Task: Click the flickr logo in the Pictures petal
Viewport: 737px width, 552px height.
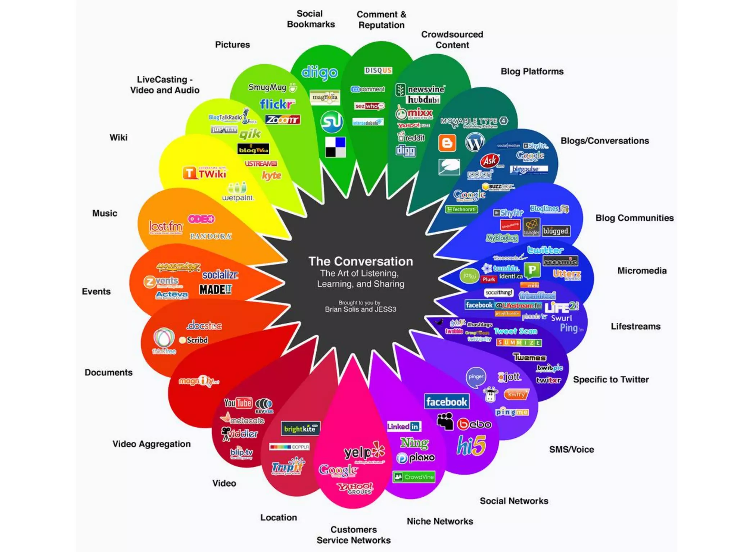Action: [277, 104]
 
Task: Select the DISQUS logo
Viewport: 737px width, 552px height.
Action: [378, 70]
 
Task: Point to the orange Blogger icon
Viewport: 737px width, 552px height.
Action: [447, 143]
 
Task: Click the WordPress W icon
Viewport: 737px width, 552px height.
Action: [475, 143]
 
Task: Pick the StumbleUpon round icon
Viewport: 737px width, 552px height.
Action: [331, 122]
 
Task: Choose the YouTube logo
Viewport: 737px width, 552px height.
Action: [238, 403]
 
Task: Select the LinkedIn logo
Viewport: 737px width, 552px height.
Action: [404, 427]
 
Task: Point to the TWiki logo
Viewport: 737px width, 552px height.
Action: [204, 174]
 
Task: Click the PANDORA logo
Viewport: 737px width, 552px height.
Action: [211, 236]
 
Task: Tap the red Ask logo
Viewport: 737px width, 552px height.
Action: [490, 161]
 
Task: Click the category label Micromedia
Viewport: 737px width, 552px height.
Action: [642, 271]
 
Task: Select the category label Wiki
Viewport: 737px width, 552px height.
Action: [118, 138]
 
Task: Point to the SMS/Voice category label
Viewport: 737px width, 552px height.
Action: [571, 450]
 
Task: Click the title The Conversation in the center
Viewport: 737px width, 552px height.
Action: [361, 261]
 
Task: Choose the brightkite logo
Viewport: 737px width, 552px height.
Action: [300, 429]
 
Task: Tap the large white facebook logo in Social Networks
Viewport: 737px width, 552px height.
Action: [446, 402]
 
